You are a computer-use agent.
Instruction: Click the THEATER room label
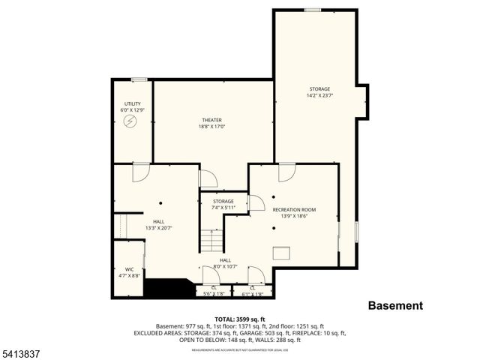click(211, 120)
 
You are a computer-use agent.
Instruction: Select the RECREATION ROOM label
click(294, 209)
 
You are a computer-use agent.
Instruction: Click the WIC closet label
click(129, 269)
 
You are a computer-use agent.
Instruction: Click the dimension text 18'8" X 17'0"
click(211, 127)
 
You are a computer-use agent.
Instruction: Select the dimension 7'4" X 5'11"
click(223, 208)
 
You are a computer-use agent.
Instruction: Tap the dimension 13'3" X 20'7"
click(159, 228)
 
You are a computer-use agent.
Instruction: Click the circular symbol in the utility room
click(131, 121)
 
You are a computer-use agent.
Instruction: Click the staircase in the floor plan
click(212, 241)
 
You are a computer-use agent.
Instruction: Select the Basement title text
click(395, 306)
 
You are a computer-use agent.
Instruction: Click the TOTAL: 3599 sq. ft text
click(239, 319)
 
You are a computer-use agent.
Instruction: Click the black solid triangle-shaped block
click(166, 288)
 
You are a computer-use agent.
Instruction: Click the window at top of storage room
click(313, 10)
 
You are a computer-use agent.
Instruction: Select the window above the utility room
click(139, 79)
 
